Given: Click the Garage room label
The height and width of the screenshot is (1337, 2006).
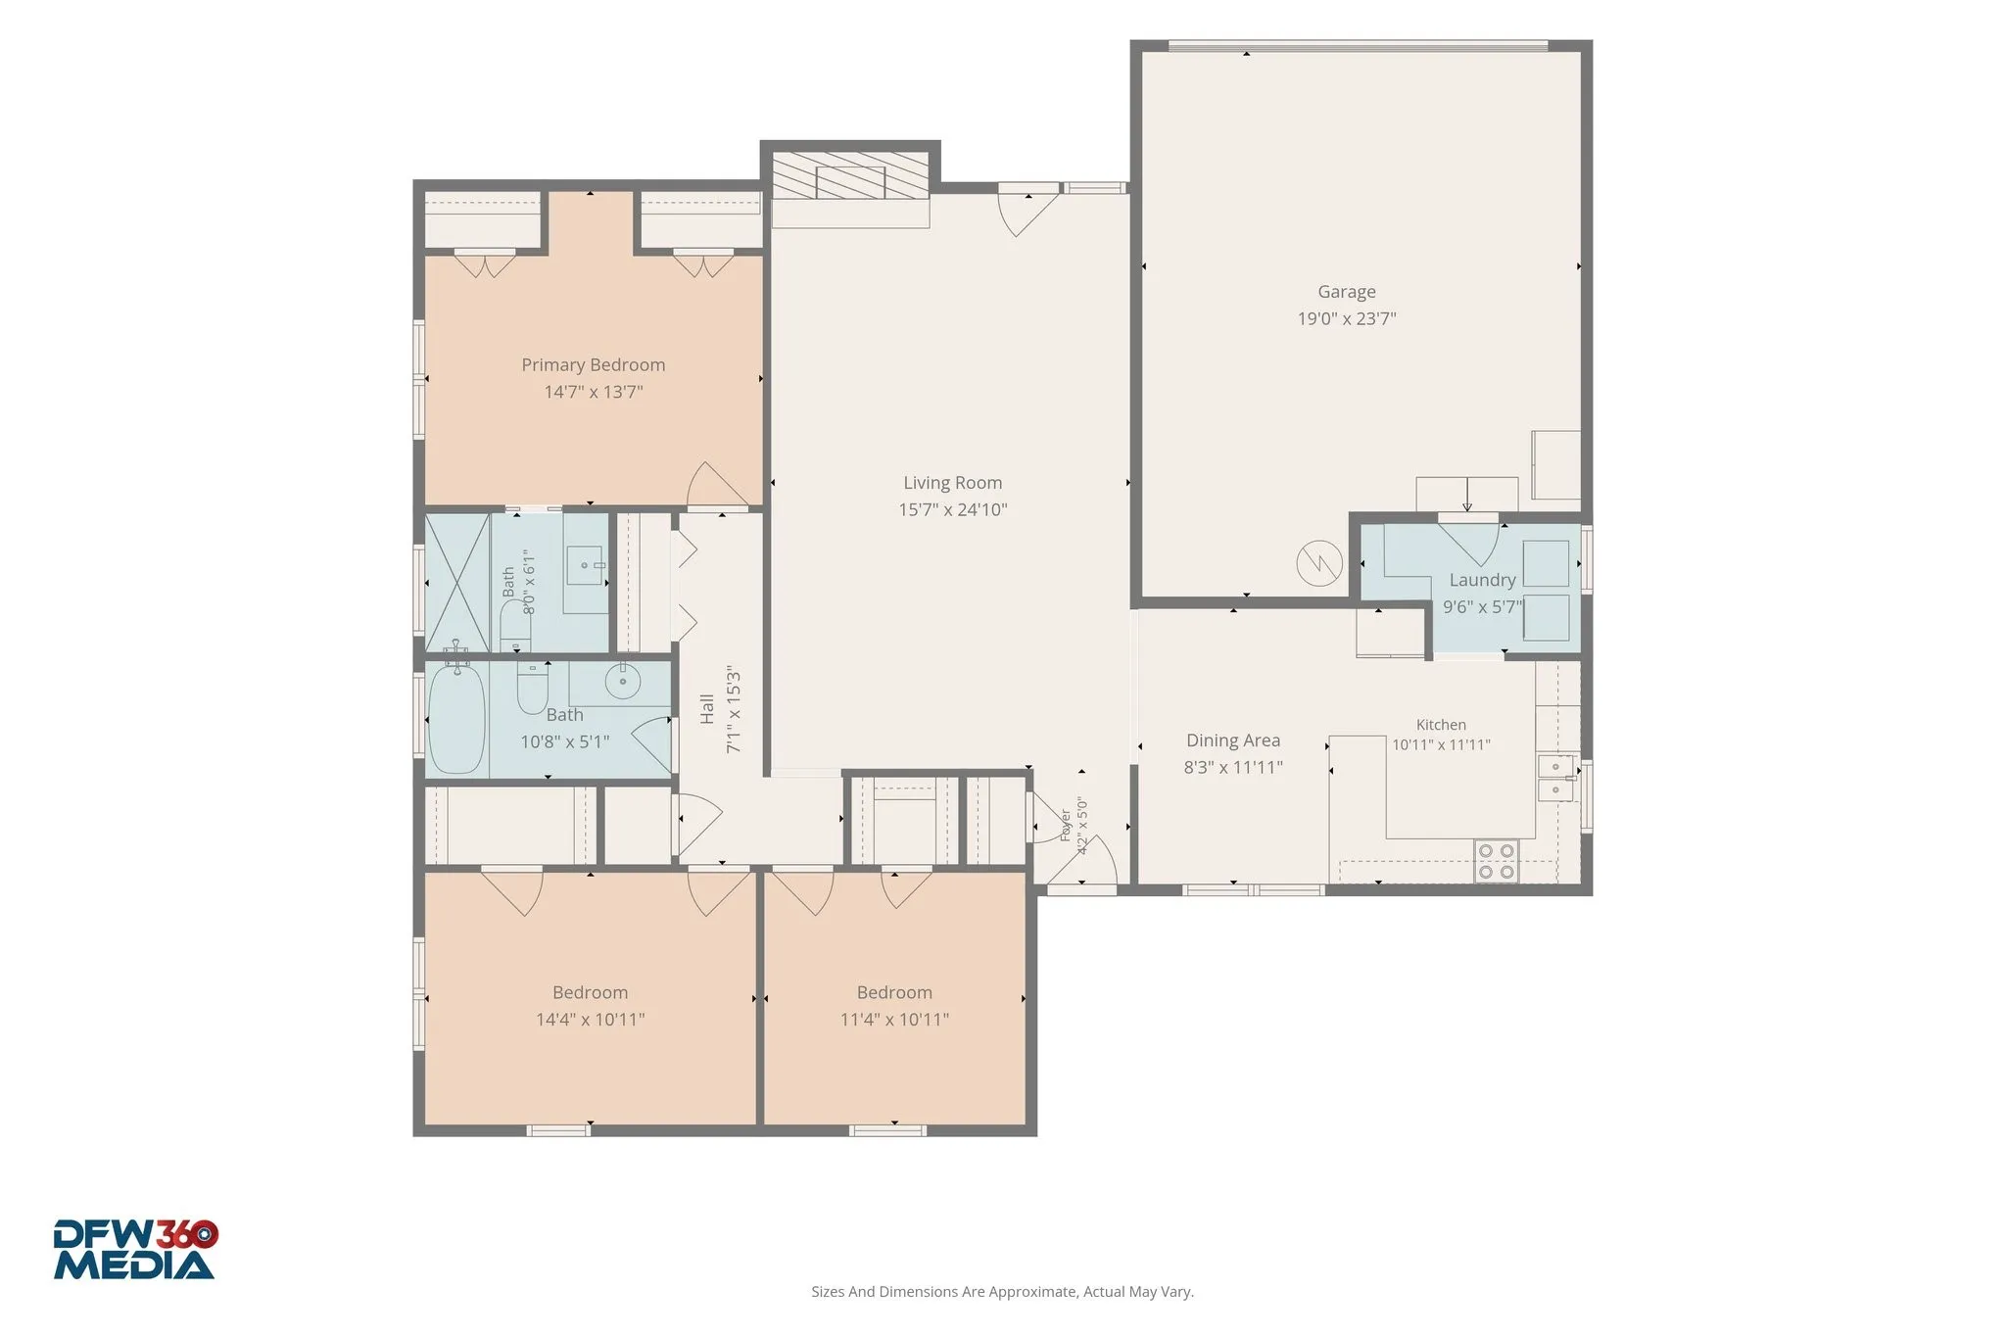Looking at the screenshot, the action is tap(1346, 292).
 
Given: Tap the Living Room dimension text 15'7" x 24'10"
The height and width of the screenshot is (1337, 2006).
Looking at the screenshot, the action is tap(953, 509).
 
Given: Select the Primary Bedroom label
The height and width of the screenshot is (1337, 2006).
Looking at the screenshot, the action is tap(594, 365).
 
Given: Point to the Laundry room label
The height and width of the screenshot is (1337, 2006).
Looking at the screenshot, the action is tap(1482, 581).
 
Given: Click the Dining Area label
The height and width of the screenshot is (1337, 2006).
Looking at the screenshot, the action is tap(1233, 740).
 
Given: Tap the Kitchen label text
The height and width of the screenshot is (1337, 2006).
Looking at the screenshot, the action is tap(1441, 725).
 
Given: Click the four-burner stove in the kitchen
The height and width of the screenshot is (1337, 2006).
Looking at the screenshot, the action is tap(1496, 861).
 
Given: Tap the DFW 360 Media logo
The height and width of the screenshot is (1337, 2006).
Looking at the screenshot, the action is tap(135, 1249).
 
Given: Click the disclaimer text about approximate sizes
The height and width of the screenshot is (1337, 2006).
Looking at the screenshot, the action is tap(1002, 1292).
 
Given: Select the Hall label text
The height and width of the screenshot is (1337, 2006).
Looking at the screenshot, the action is tap(707, 709).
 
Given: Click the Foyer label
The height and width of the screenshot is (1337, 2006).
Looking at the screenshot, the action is tap(1066, 825).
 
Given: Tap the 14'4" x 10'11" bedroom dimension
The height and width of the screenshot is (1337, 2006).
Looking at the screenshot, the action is tap(590, 1020).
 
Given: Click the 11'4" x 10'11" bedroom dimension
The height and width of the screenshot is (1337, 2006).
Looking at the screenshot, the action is tap(894, 1020).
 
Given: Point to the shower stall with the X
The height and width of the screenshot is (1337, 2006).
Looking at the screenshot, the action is tap(457, 582).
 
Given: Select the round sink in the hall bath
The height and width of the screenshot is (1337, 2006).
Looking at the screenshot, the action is tap(621, 678).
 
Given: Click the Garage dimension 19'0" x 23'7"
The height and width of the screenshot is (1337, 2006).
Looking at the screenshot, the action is tap(1347, 318).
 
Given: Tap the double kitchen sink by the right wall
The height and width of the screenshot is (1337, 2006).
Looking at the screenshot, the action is tap(1555, 778).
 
